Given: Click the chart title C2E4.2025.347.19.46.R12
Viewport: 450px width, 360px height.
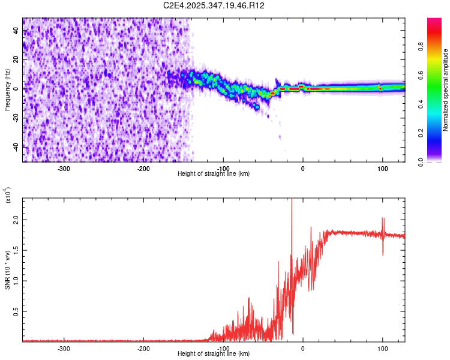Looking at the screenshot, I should pyautogui.click(x=214, y=5).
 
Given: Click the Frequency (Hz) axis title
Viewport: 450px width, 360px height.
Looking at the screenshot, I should pyautogui.click(x=7, y=90).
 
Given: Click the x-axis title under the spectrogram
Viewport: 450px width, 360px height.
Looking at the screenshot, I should pyautogui.click(x=214, y=173).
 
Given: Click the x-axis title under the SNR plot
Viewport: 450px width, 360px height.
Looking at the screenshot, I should pyautogui.click(x=214, y=353).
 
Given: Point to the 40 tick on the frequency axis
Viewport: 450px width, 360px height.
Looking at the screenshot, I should pyautogui.click(x=16, y=31).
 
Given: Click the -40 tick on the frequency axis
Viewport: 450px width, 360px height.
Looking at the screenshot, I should pyautogui.click(x=15, y=146).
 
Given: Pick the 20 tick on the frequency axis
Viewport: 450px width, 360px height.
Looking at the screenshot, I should pyautogui.click(x=16, y=60).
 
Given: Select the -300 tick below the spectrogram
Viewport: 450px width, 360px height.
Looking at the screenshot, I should pyautogui.click(x=64, y=168).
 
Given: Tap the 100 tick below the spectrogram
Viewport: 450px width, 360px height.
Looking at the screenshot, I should pyautogui.click(x=382, y=168).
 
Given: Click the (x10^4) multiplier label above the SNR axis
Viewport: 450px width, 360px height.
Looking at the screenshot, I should pyautogui.click(x=8, y=195).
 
